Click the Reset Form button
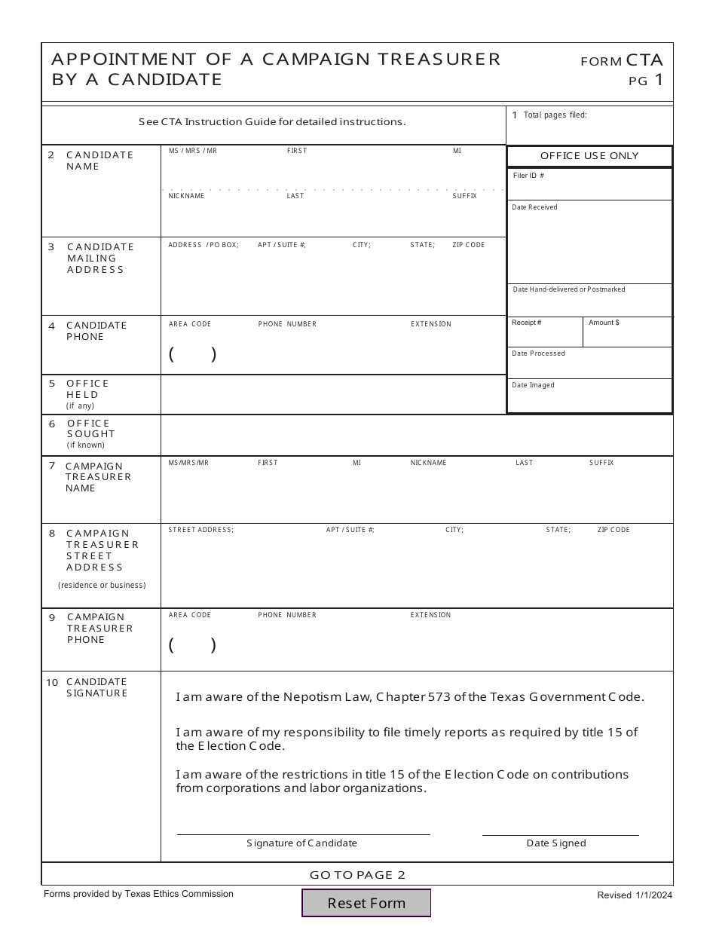pyautogui.click(x=366, y=903)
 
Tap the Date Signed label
pyautogui.click(x=555, y=843)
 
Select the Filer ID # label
pyautogui.click(x=528, y=176)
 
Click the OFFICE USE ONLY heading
pyautogui.click(x=589, y=156)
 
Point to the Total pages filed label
pyautogui.click(x=555, y=115)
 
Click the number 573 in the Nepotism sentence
pyautogui.click(x=439, y=697)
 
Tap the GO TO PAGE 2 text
pyautogui.click(x=357, y=875)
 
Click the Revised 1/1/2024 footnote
pyautogui.click(x=635, y=895)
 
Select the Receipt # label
pyautogui.click(x=526, y=323)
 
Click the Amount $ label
pyautogui.click(x=604, y=323)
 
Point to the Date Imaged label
pyautogui.click(x=533, y=385)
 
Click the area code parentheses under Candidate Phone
pyautogui.click(x=193, y=354)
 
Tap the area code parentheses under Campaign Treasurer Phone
pyautogui.click(x=193, y=645)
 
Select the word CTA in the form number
pyautogui.click(x=644, y=60)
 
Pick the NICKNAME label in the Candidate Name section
pyautogui.click(x=186, y=196)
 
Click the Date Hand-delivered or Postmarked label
pyautogui.click(x=569, y=289)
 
